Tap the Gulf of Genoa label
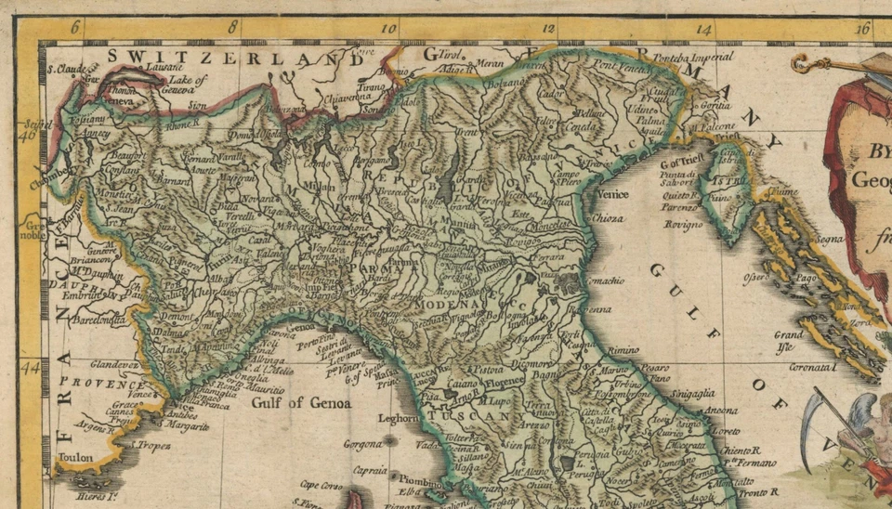(301, 403)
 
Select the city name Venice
(612, 195)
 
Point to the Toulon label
(75, 458)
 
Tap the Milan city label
(325, 187)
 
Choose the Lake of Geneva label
(188, 85)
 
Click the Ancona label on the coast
(721, 411)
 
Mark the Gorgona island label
(362, 444)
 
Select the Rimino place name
(623, 350)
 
